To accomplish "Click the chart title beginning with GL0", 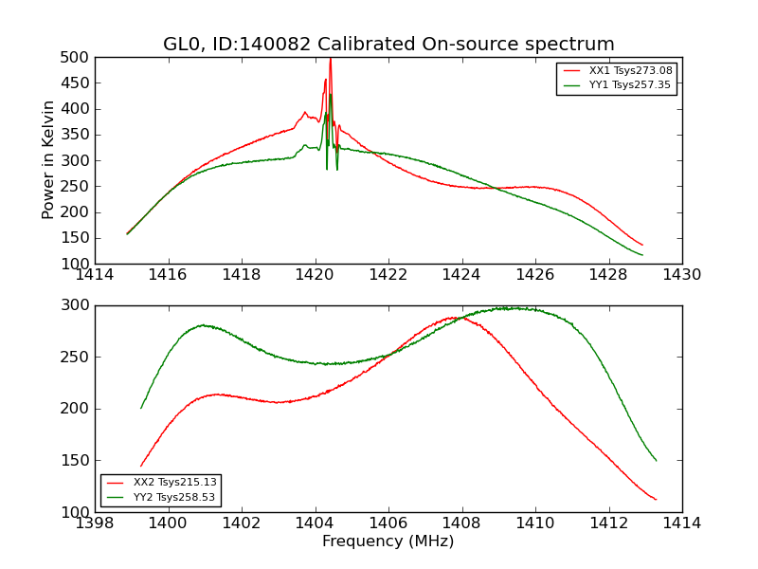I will coord(388,45).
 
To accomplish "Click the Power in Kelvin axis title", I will coord(49,160).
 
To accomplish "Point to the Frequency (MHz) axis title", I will coord(388,541).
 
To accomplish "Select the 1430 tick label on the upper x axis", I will coord(682,276).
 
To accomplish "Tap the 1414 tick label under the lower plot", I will coord(682,523).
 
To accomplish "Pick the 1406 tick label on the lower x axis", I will coord(388,523).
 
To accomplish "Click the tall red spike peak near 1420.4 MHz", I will coord(330,59).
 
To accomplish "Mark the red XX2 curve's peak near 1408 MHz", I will coord(456,318).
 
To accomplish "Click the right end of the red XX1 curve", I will coord(642,245).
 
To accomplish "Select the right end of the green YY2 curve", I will coord(656,460).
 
